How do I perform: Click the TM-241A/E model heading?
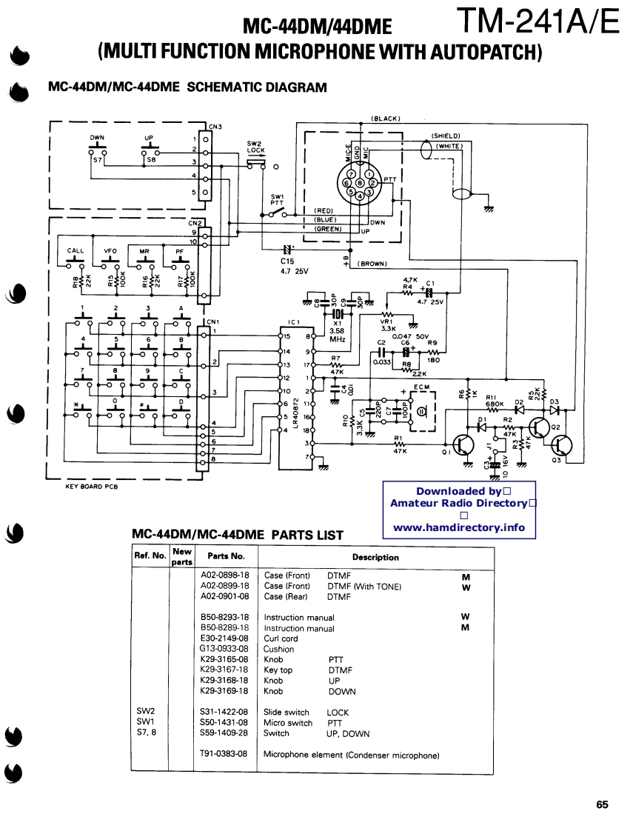coord(537,21)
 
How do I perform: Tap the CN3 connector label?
coord(215,126)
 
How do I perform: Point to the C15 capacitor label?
coord(288,261)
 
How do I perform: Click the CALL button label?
coord(76,250)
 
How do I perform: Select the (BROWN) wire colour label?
coord(372,263)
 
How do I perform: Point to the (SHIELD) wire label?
coord(446,136)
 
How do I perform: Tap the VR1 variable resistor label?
coord(386,323)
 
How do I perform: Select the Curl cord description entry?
coord(281,638)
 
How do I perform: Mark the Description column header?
coord(375,557)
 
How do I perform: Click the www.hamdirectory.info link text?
coord(458,528)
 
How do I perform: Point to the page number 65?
coord(601,804)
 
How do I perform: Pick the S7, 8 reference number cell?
coord(147,733)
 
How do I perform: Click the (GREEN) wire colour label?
coord(328,229)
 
